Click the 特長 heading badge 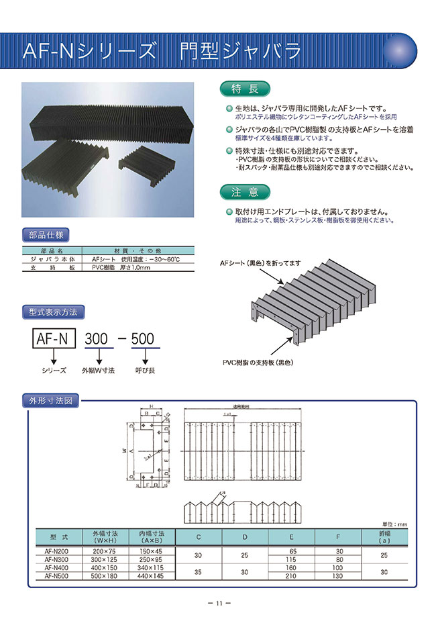point(245,89)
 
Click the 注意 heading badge point(245,192)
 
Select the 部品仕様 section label point(45,236)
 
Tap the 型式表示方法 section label point(54,312)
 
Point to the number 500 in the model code point(142,338)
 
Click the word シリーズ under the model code point(54,370)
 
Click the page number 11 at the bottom point(218,603)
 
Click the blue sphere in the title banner point(402,50)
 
